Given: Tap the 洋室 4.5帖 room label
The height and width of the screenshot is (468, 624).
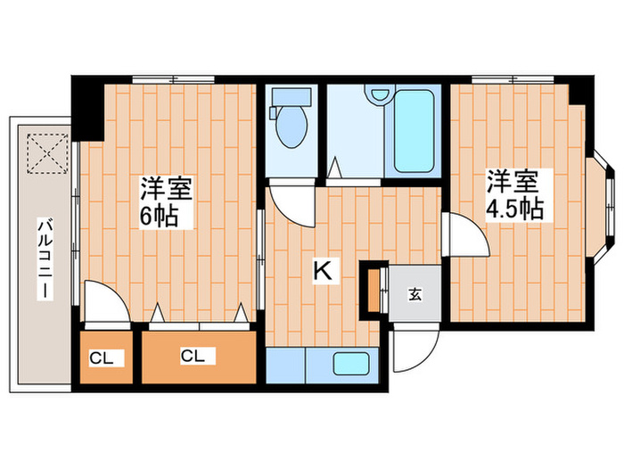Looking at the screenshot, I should click(513, 194).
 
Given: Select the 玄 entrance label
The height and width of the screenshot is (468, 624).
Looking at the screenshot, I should click(415, 293).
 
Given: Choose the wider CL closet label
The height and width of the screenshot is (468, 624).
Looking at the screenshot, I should click(193, 357).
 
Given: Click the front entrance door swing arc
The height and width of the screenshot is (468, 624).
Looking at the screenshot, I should click(412, 350).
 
